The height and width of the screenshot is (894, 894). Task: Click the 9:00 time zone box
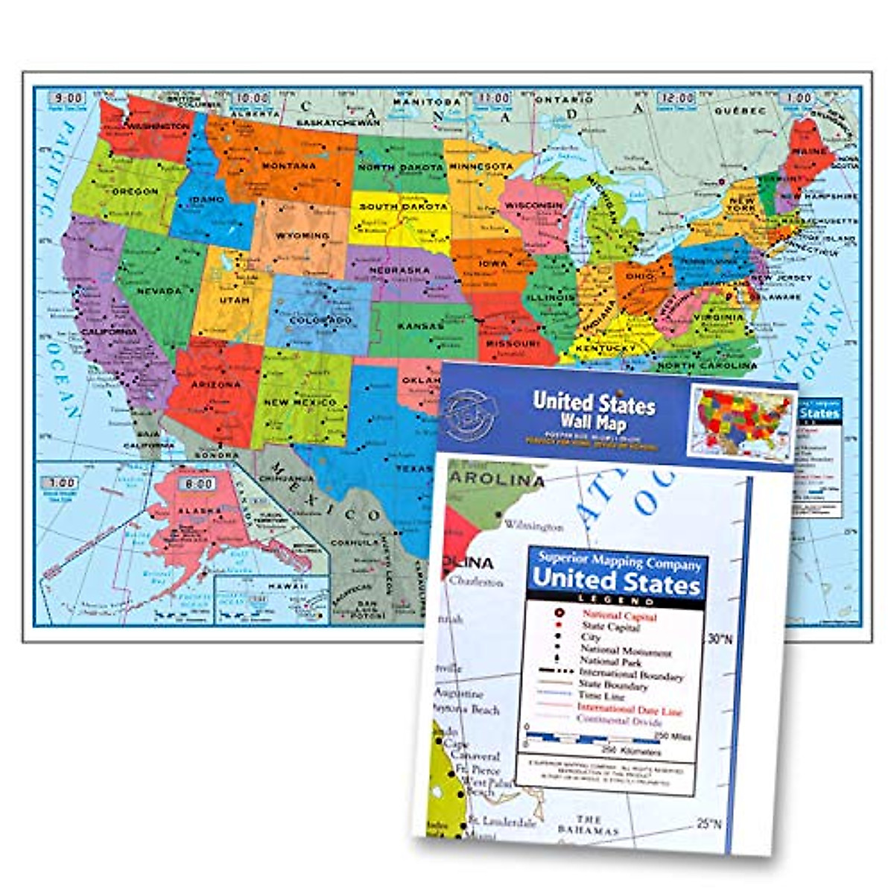pyautogui.click(x=66, y=98)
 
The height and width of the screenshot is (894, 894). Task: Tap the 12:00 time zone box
pyautogui.click(x=676, y=98)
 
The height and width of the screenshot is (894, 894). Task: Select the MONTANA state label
pyautogui.click(x=288, y=165)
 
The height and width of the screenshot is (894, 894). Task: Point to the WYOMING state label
pyautogui.click(x=302, y=235)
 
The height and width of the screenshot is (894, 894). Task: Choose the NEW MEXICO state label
pyautogui.click(x=300, y=402)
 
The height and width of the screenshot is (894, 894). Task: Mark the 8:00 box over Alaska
pyautogui.click(x=197, y=484)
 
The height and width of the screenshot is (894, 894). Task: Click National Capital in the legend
pyautogui.click(x=619, y=617)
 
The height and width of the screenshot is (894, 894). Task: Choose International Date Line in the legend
pyautogui.click(x=630, y=709)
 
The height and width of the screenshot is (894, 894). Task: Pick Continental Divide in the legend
pyautogui.click(x=619, y=721)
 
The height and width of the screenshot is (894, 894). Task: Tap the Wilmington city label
pyautogui.click(x=533, y=526)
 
